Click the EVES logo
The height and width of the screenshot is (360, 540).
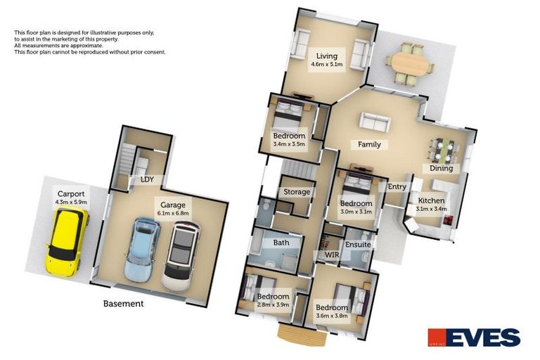[475, 337]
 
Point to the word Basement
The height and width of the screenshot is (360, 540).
[123, 304]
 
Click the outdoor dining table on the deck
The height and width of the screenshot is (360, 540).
[409, 64]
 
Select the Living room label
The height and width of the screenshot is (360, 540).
[326, 56]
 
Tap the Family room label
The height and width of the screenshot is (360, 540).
[369, 145]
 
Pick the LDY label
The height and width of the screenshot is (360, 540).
[147, 179]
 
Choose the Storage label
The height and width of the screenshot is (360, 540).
[297, 192]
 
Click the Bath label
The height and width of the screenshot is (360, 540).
[281, 243]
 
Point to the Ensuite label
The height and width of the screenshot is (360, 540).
[358, 244]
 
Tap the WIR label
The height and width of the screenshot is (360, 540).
[332, 255]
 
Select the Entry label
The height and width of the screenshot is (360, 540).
[397, 186]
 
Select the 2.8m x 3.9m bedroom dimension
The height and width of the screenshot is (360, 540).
[271, 304]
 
